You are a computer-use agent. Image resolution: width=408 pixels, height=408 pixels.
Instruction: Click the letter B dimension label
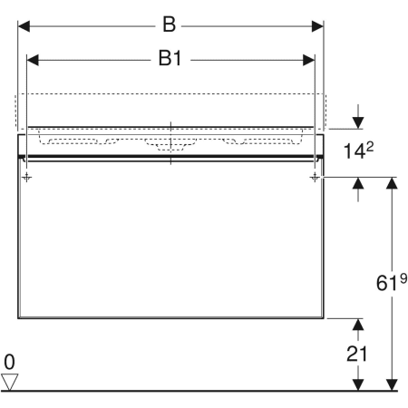coord(170,24)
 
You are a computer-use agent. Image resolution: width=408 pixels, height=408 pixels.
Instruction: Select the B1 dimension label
coord(170,58)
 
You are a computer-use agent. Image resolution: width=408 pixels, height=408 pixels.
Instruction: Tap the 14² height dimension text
coord(359,150)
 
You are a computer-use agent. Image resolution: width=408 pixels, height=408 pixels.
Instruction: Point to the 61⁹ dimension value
coord(392,282)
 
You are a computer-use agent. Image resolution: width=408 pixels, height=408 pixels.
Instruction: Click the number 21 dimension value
coord(356,354)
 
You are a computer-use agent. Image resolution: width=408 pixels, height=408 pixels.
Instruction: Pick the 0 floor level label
coord(9,362)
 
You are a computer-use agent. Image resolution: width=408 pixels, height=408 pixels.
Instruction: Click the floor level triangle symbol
coord(9,382)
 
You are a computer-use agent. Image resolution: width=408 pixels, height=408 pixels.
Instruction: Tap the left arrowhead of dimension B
coord(24,26)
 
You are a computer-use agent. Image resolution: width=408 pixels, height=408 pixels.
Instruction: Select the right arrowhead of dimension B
coord(317,26)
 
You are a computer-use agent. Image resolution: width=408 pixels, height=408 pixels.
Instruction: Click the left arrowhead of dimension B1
coord(33,60)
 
